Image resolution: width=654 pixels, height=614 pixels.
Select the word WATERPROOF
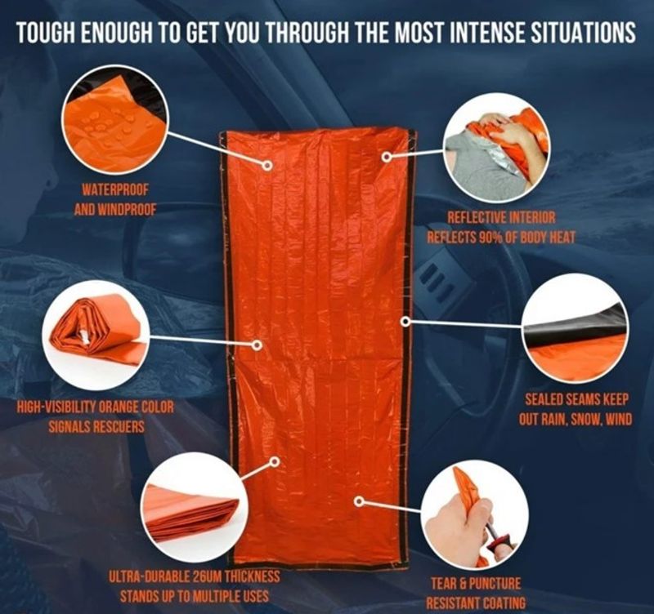tap(115, 190)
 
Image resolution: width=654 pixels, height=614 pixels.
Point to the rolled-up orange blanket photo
tap(96, 336)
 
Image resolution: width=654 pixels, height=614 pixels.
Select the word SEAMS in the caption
tap(577, 399)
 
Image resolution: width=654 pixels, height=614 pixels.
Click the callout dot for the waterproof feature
tap(267, 166)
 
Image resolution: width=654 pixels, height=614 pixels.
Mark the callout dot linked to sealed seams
tap(405, 321)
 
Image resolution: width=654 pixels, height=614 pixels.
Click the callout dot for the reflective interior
tap(387, 157)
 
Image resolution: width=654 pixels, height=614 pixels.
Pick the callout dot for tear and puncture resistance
tap(358, 501)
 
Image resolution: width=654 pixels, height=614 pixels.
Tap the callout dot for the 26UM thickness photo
tap(275, 461)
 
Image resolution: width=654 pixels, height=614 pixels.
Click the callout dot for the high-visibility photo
tap(258, 345)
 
